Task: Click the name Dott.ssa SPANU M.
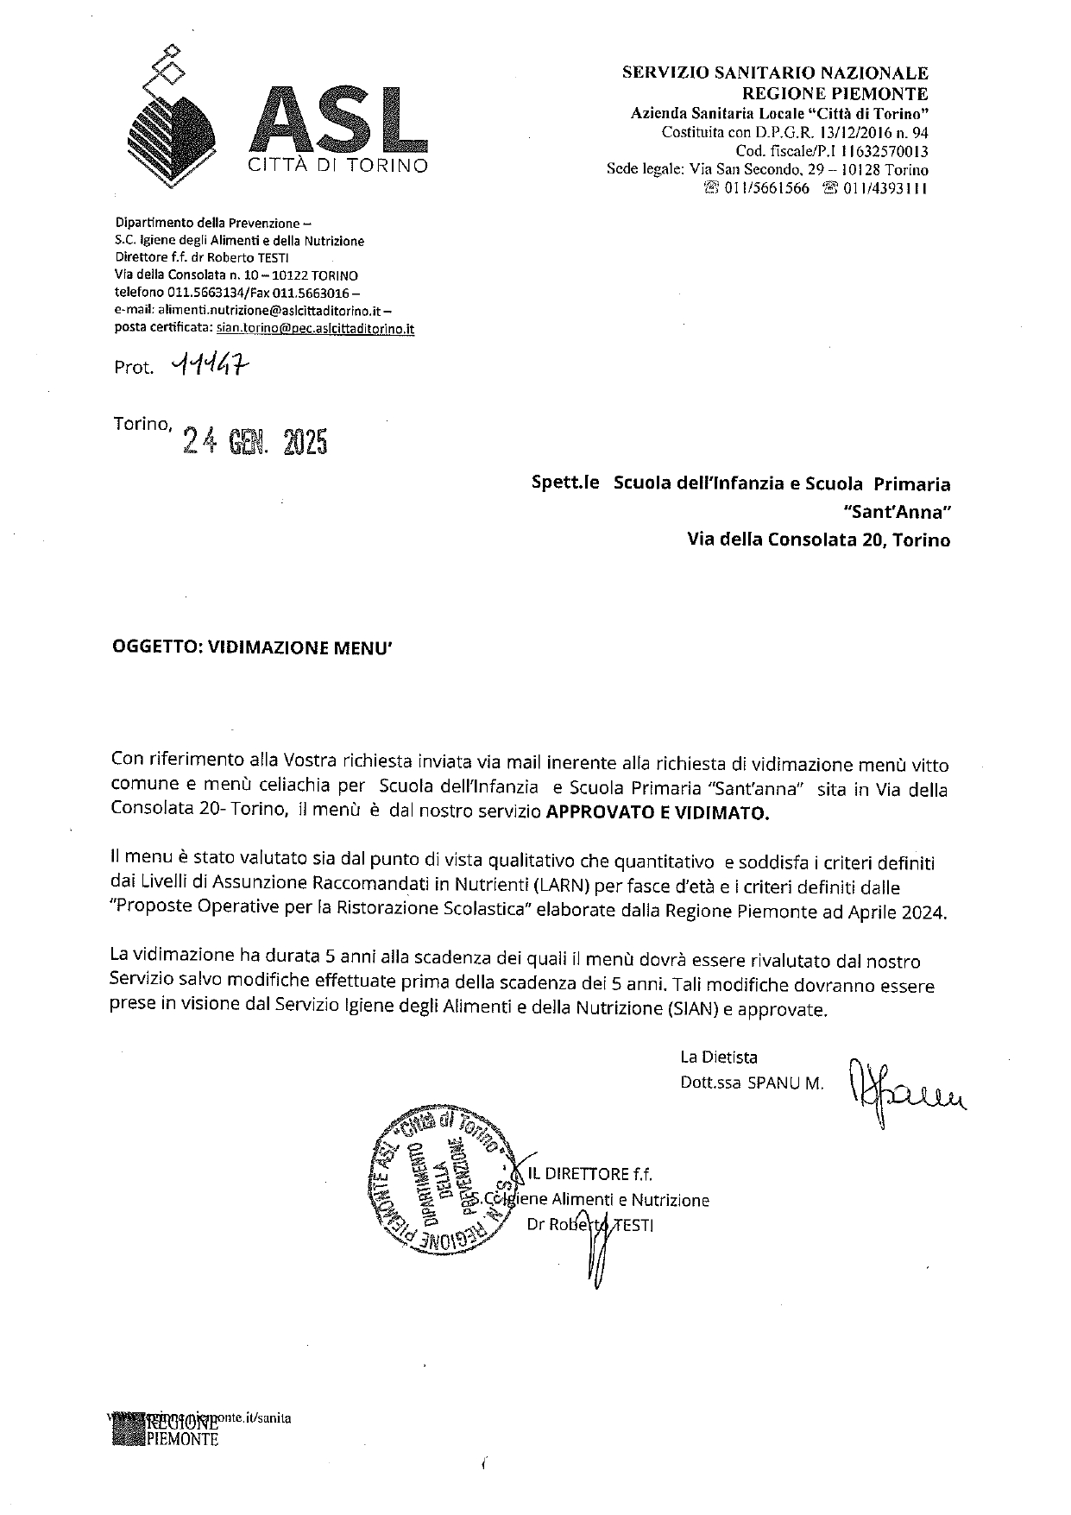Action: click(752, 1083)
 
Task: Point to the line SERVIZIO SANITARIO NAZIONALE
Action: click(775, 73)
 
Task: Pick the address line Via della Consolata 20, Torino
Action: click(818, 540)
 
